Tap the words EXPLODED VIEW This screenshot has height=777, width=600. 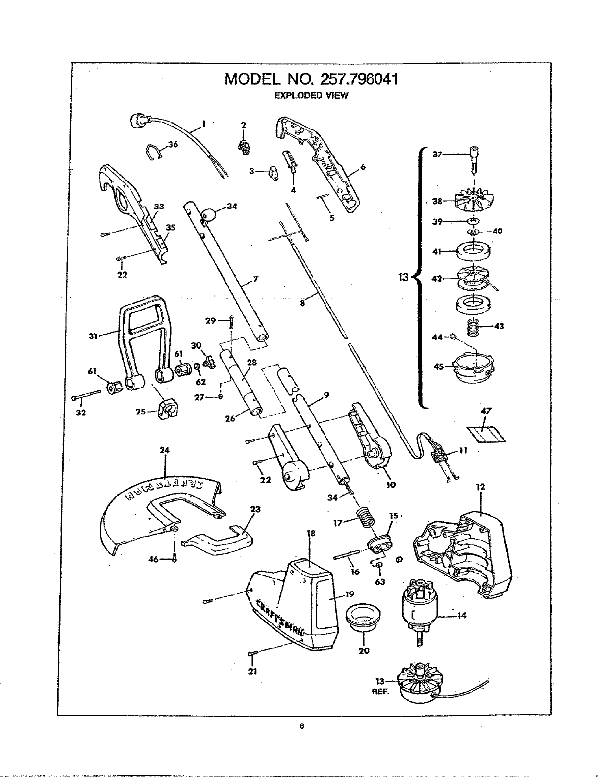pyautogui.click(x=311, y=96)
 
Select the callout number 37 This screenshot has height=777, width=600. pyautogui.click(x=437, y=154)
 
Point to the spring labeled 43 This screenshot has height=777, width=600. pyautogui.click(x=473, y=327)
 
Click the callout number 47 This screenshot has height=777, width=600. pyautogui.click(x=486, y=411)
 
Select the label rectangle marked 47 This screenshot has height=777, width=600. pyautogui.click(x=486, y=434)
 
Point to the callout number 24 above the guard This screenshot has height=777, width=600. pyautogui.click(x=164, y=450)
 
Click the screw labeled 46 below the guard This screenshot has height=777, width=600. pyautogui.click(x=175, y=557)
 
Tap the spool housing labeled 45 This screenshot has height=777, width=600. pyautogui.click(x=473, y=368)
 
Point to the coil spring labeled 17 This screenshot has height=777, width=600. pyautogui.click(x=365, y=518)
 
